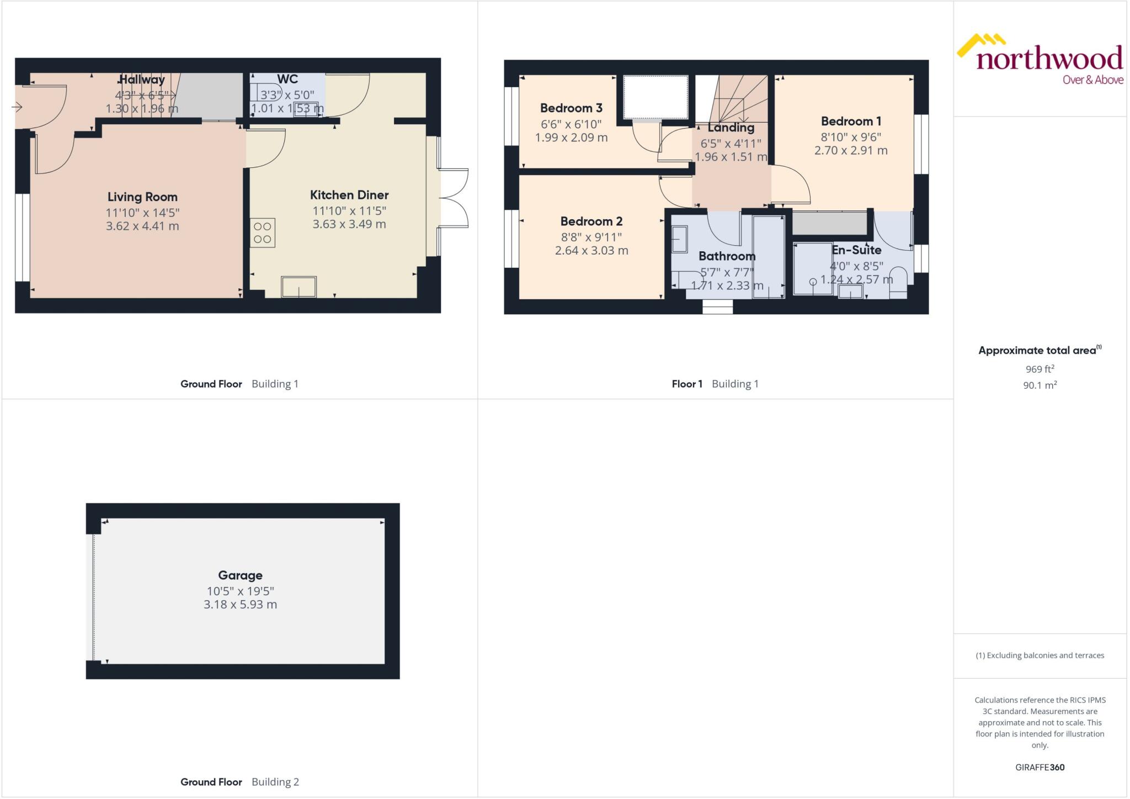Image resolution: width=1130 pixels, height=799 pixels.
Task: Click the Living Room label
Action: [x=142, y=197]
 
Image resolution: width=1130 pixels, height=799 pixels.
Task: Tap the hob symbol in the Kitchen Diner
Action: [x=263, y=232]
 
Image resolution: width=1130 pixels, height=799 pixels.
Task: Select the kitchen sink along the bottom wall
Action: [x=299, y=287]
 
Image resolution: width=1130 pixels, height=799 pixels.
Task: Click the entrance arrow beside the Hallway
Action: [x=17, y=107]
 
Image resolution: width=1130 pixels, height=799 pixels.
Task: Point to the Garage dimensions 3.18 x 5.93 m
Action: [x=240, y=605]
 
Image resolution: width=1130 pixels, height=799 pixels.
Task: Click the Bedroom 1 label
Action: [x=850, y=121]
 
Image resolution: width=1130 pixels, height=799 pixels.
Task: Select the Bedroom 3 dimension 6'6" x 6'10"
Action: [x=571, y=124]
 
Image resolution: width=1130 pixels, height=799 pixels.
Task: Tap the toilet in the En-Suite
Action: [x=898, y=282]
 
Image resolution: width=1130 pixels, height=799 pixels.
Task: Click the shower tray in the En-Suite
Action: [x=812, y=268]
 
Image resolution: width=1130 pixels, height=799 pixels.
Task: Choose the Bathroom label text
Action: [x=727, y=256]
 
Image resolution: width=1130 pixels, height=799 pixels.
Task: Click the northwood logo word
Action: [x=1049, y=59]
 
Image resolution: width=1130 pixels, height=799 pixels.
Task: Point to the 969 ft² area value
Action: [x=1040, y=369]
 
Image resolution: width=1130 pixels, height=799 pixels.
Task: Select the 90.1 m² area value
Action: [x=1040, y=385]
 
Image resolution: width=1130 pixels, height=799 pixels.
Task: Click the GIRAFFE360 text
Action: [x=1040, y=768]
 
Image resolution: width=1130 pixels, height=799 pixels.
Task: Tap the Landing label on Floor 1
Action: [x=731, y=128]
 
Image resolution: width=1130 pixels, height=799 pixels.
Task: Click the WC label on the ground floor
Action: [x=287, y=79]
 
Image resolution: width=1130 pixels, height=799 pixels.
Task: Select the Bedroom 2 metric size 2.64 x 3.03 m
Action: [x=591, y=251]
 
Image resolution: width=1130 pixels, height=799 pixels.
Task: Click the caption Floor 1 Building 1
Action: [x=715, y=384]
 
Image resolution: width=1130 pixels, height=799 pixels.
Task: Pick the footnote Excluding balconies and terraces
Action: [x=1040, y=655]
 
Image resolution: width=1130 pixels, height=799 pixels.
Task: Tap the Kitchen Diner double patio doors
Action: [x=454, y=198]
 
